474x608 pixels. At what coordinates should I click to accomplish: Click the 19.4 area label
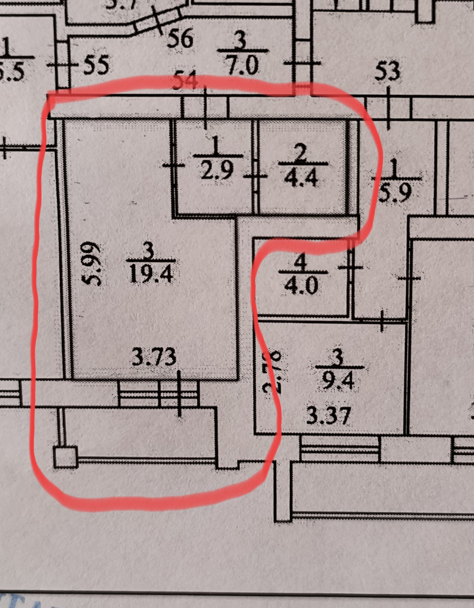(x=151, y=273)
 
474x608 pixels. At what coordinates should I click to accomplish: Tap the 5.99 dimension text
(x=92, y=263)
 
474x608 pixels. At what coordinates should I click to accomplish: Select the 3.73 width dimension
(x=154, y=357)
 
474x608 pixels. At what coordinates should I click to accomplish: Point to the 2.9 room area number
(x=217, y=170)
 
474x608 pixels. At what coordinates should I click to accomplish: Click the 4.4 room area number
(x=301, y=178)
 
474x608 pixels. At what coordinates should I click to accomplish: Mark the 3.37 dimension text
(x=328, y=415)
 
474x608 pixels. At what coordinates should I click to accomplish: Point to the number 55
(x=96, y=65)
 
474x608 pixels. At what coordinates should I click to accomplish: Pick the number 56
(x=180, y=38)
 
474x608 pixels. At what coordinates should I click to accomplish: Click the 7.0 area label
(x=242, y=65)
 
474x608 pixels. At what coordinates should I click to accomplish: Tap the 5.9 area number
(x=395, y=192)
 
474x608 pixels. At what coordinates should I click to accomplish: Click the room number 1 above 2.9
(x=216, y=145)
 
